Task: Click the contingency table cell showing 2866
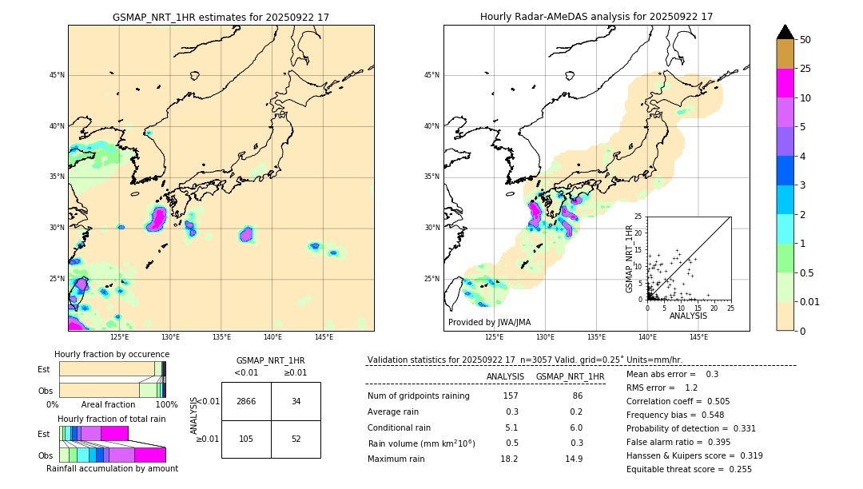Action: point(246,401)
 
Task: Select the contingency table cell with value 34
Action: point(296,401)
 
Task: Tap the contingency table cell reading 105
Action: point(246,439)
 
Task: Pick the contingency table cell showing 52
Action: point(296,439)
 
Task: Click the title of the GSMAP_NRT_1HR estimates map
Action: point(221,17)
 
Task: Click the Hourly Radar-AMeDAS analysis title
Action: point(596,17)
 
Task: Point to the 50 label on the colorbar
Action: point(805,40)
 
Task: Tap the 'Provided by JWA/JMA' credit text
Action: point(489,322)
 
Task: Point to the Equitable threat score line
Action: point(689,469)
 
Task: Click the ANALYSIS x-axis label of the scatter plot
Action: point(688,316)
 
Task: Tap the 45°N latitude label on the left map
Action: point(57,75)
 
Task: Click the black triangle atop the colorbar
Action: point(785,32)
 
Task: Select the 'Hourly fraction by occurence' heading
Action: point(112,354)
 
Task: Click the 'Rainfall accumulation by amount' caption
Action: point(112,469)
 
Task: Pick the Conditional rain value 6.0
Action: point(575,427)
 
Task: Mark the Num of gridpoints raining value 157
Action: point(510,396)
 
